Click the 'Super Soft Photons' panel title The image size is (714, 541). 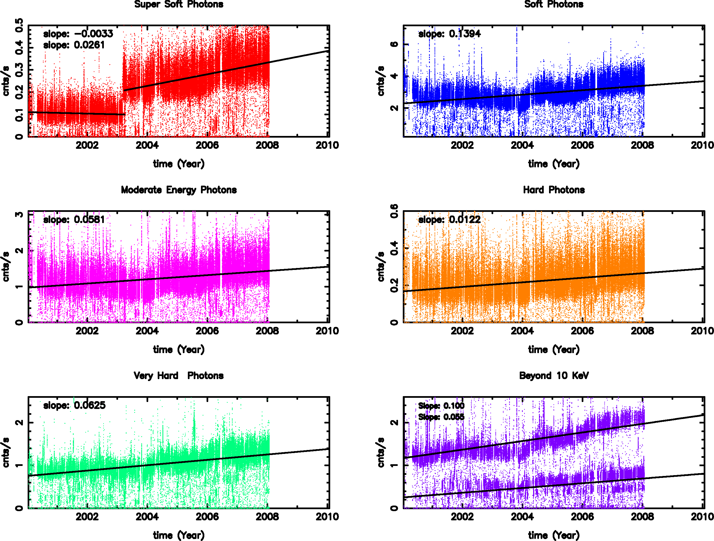click(x=179, y=4)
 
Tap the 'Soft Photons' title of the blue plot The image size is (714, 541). click(x=554, y=4)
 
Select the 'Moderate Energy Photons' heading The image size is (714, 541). click(x=179, y=190)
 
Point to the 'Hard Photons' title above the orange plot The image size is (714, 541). click(x=554, y=190)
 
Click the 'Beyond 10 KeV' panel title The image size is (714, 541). click(x=554, y=375)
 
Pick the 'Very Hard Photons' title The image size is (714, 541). click(x=179, y=375)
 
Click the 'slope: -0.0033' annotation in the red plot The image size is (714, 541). click(x=78, y=33)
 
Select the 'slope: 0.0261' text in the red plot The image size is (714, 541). click(x=74, y=45)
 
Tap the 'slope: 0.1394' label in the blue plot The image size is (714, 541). click(x=449, y=33)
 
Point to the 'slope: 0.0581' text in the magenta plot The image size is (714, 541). click(x=74, y=219)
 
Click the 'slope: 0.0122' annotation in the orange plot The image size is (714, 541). click(x=449, y=219)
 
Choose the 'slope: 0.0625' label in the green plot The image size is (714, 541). click(x=74, y=405)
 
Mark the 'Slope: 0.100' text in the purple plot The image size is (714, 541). click(x=441, y=405)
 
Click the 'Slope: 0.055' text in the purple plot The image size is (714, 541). click(x=441, y=417)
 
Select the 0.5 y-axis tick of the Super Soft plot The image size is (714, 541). click(x=19, y=25)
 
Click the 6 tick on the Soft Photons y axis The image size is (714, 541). click(x=394, y=44)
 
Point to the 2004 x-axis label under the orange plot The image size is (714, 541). click(x=522, y=331)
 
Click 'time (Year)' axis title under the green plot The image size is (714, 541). click(x=179, y=535)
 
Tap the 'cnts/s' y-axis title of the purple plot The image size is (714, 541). click(x=381, y=452)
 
